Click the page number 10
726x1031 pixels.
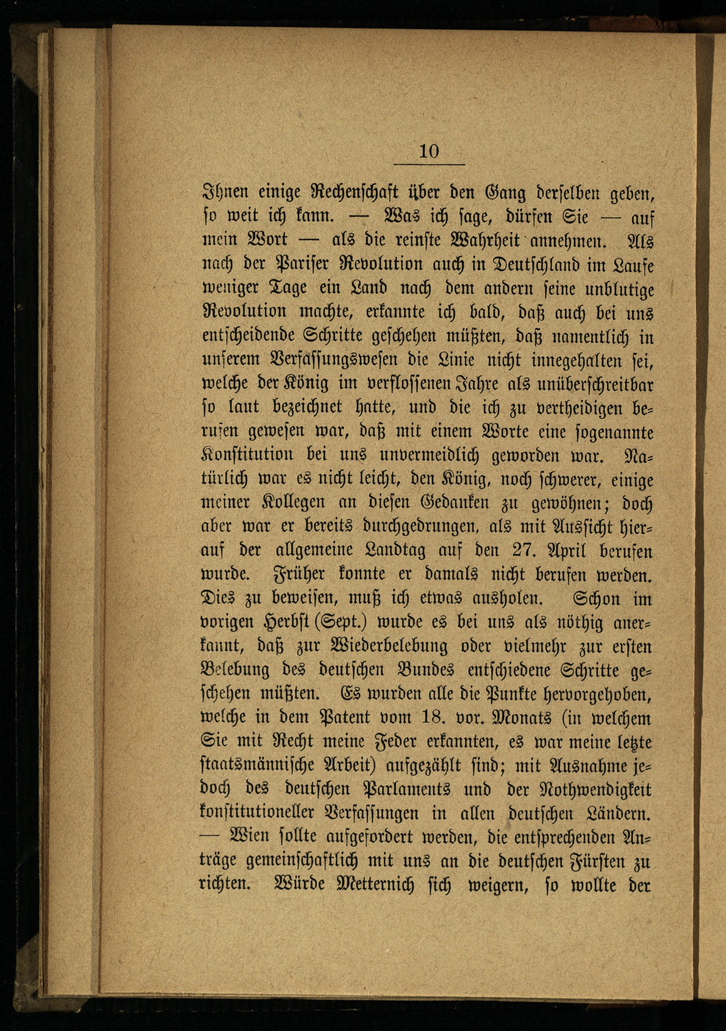(x=429, y=151)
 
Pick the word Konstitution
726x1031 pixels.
(x=247, y=455)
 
